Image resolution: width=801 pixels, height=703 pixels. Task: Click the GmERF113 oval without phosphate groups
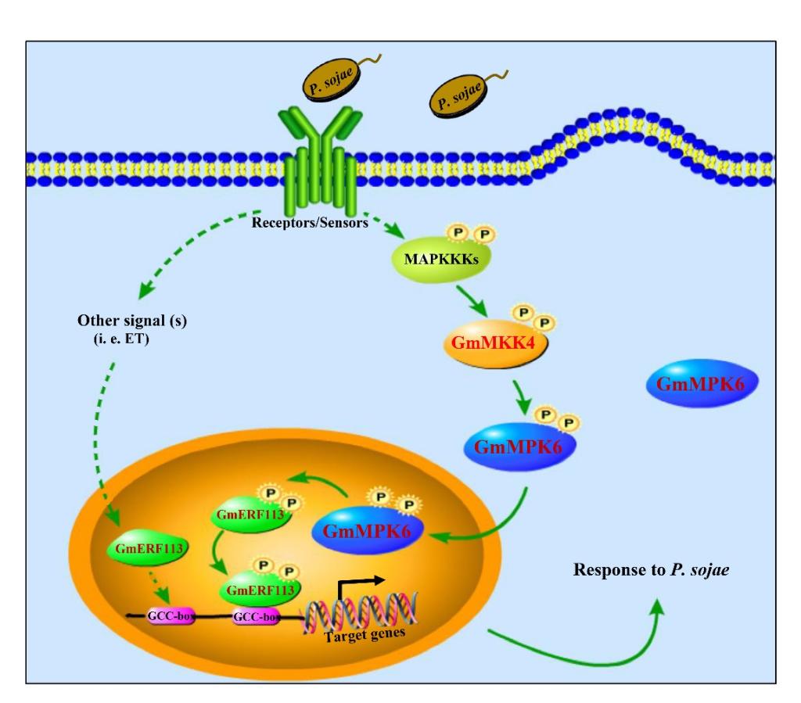click(147, 548)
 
